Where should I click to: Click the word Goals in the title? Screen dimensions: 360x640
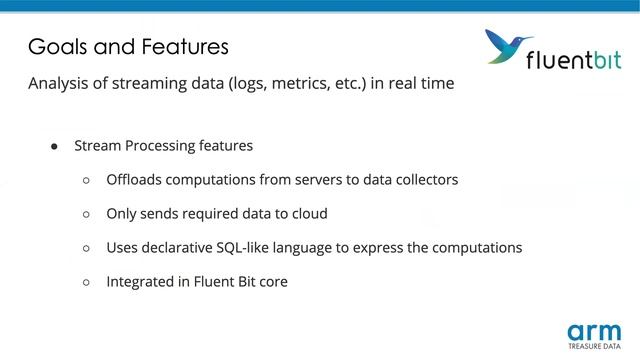pyautogui.click(x=55, y=46)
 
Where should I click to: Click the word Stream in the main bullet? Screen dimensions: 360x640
pyautogui.click(x=98, y=146)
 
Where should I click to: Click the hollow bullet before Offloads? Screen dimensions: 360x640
pyautogui.click(x=86, y=180)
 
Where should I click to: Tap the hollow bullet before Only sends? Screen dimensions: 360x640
pyautogui.click(x=86, y=214)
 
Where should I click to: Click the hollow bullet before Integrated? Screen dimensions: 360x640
pyautogui.click(x=86, y=282)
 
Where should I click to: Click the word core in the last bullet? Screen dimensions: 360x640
pyautogui.click(x=270, y=282)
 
